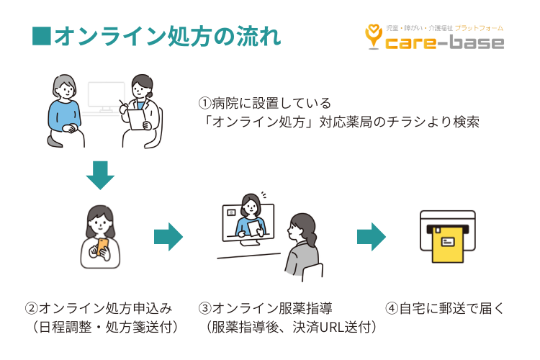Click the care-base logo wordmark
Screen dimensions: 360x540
click(x=444, y=43)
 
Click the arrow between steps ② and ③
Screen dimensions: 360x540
click(x=168, y=236)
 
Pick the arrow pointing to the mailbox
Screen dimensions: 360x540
click(x=372, y=236)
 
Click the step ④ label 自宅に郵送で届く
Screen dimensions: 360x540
click(x=446, y=308)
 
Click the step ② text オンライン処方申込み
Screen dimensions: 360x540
click(x=99, y=308)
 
